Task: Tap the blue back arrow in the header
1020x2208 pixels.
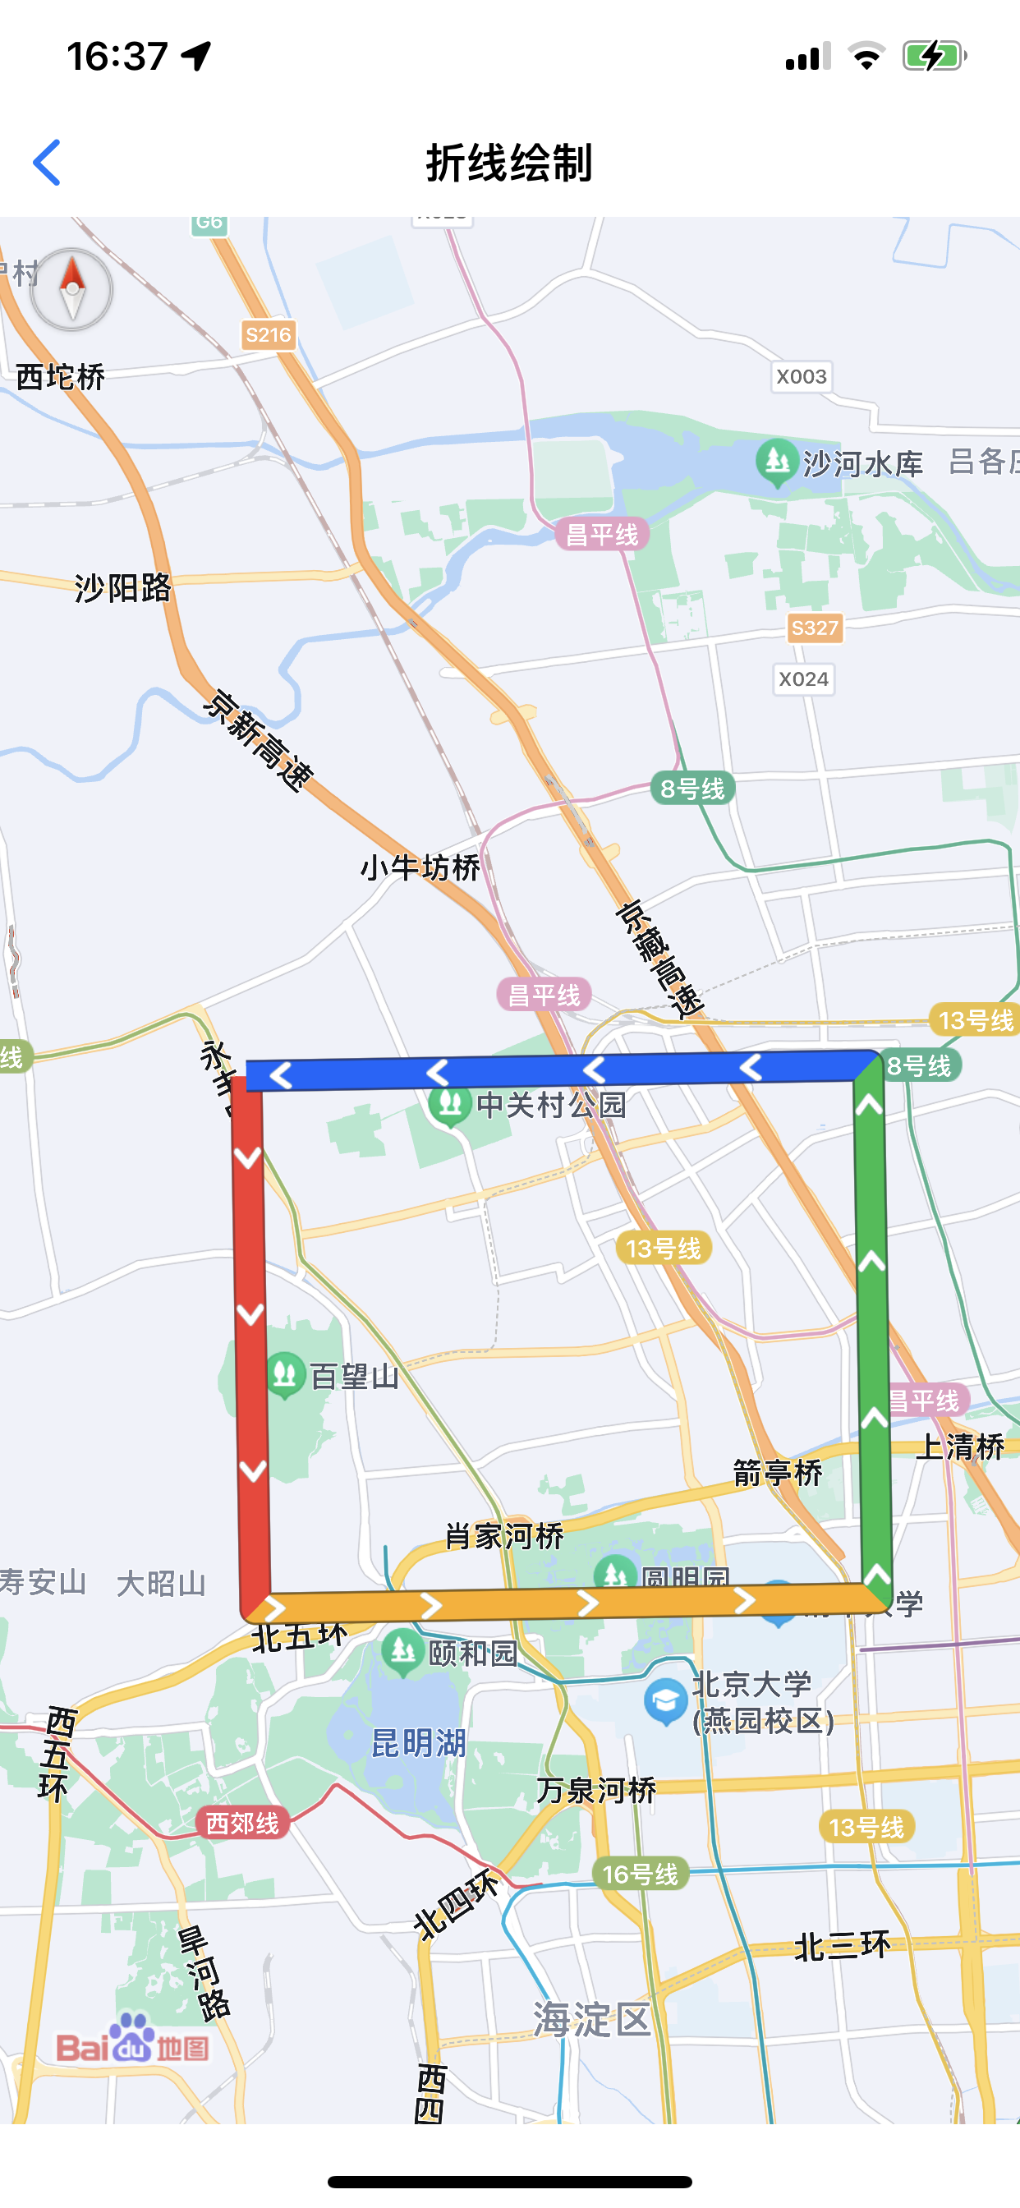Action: pos(48,162)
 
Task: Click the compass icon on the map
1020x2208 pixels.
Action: pos(72,290)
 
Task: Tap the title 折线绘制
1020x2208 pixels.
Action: pos(509,162)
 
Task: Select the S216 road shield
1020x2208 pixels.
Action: pos(269,334)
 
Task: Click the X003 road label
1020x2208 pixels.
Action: pos(802,376)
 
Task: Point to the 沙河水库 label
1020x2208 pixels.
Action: pos(862,464)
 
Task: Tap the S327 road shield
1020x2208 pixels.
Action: pos(815,628)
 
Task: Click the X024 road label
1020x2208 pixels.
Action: pos(803,678)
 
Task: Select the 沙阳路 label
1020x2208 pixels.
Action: pos(122,588)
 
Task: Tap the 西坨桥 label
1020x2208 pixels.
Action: pos(60,376)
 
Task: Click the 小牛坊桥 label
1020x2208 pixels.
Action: pos(420,867)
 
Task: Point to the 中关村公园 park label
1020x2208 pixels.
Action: pos(551,1104)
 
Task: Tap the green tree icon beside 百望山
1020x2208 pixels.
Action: pos(285,1374)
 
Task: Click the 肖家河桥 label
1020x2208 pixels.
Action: pos(504,1535)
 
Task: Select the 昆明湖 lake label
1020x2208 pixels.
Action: pos(418,1742)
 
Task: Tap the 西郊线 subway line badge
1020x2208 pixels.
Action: pos(242,1823)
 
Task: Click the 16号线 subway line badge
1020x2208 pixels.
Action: pos(641,1874)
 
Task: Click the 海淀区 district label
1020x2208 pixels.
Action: pos(591,2019)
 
